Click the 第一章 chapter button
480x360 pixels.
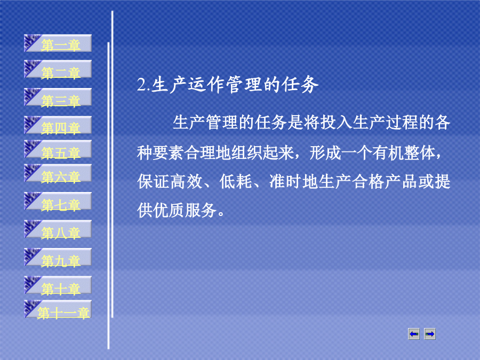(x=58, y=43)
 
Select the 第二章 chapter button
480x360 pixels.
(x=58, y=69)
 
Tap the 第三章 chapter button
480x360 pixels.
(x=58, y=97)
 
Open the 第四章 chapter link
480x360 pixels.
(x=58, y=125)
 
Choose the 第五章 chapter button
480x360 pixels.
(x=58, y=149)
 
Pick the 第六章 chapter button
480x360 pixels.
(x=58, y=173)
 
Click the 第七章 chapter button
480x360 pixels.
(x=58, y=201)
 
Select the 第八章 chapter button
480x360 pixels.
(x=58, y=229)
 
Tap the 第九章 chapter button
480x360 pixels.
(x=58, y=257)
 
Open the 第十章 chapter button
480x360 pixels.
(x=58, y=285)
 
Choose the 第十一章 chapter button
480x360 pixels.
(x=58, y=309)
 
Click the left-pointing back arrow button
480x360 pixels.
(x=414, y=334)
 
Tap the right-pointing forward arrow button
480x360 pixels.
(x=430, y=334)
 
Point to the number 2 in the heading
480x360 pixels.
(x=141, y=85)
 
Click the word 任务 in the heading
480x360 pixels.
(x=301, y=84)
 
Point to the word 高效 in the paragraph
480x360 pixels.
(x=187, y=182)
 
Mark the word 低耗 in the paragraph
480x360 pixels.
(x=236, y=182)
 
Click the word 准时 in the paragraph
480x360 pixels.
(x=286, y=182)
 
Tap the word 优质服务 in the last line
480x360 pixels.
(x=185, y=211)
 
